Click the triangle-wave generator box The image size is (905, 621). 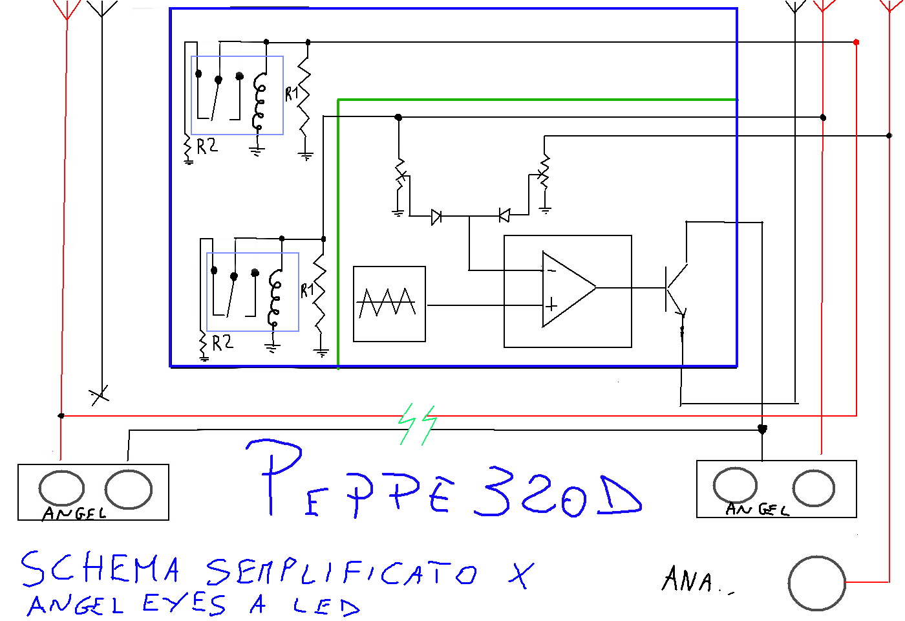(x=389, y=303)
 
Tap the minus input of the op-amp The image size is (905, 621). (x=551, y=270)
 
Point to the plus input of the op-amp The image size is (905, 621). (x=551, y=304)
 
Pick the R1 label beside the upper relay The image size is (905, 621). (x=292, y=94)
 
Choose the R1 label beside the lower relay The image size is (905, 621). (x=306, y=290)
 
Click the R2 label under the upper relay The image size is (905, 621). (x=207, y=146)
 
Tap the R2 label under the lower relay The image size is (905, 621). (x=222, y=342)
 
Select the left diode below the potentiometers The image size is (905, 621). (x=436, y=216)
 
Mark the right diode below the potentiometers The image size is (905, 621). (x=504, y=215)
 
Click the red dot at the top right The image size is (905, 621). (x=856, y=42)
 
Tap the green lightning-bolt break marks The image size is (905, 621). (x=418, y=424)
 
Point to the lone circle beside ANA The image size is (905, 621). (x=816, y=583)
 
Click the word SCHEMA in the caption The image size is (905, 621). (x=100, y=569)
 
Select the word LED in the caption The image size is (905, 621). (x=326, y=606)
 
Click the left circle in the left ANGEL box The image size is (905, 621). (x=61, y=488)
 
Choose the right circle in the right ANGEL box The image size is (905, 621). (x=813, y=488)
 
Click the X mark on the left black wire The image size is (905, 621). (x=100, y=394)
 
